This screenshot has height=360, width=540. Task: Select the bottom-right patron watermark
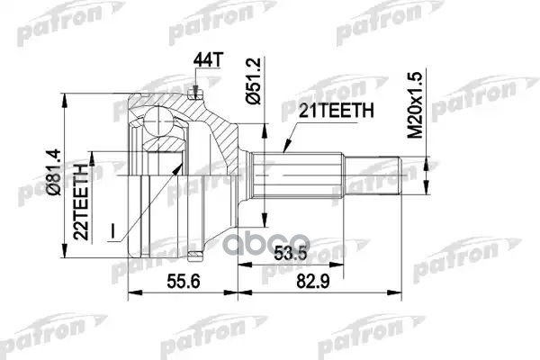click(x=454, y=270)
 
